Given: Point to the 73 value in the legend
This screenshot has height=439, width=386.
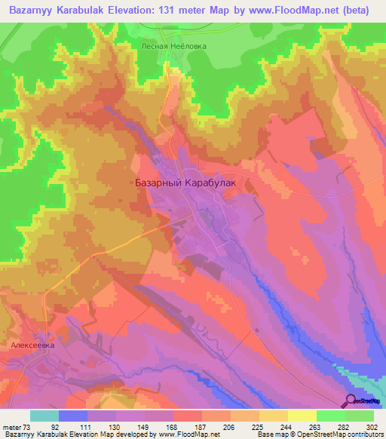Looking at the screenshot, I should (29, 426).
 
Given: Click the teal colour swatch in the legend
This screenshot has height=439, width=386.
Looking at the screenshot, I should (44, 416).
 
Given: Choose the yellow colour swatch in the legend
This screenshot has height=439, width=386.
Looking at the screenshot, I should (302, 416).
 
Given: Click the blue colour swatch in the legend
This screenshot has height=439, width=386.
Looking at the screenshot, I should (73, 416).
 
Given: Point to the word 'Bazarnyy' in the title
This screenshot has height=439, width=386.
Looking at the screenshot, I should (31, 10).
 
